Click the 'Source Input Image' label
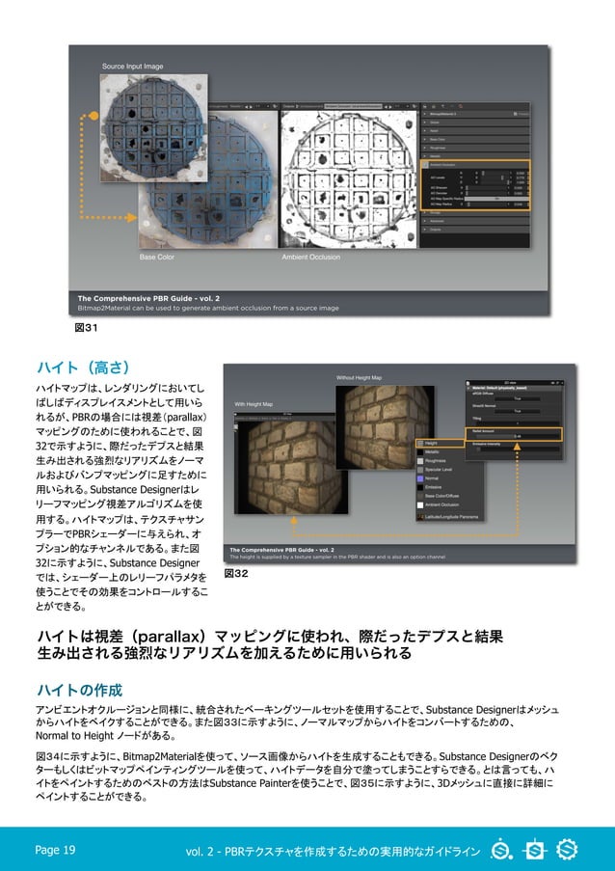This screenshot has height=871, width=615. (x=133, y=67)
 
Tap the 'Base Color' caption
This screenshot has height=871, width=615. (x=157, y=258)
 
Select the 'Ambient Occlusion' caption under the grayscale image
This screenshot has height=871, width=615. (x=309, y=258)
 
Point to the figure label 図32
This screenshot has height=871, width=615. (x=236, y=573)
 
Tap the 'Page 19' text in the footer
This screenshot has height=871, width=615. (x=55, y=850)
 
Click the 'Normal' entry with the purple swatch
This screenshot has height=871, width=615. (x=431, y=477)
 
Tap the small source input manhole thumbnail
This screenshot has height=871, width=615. (x=154, y=127)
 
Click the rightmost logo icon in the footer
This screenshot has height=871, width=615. (x=567, y=850)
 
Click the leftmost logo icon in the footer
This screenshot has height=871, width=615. (x=501, y=850)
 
